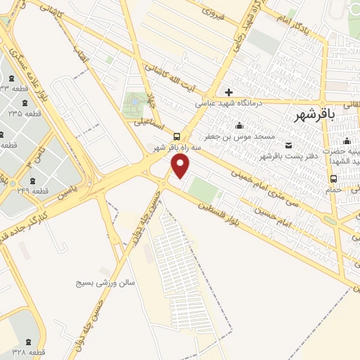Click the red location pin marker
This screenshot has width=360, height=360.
(x=181, y=166)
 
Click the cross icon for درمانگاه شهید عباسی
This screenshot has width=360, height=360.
(x=229, y=92)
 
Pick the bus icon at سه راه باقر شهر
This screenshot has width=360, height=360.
(x=176, y=137)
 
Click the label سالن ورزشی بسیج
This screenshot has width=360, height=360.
(x=105, y=282)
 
